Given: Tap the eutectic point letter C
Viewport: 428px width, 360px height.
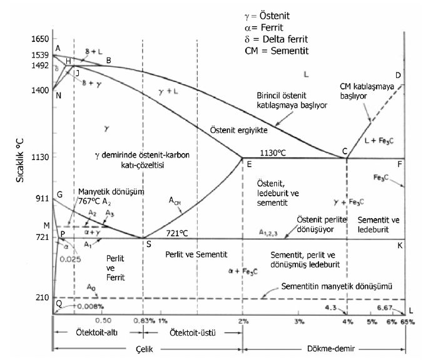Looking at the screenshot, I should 344,151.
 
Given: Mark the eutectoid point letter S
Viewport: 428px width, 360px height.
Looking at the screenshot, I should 148,244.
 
